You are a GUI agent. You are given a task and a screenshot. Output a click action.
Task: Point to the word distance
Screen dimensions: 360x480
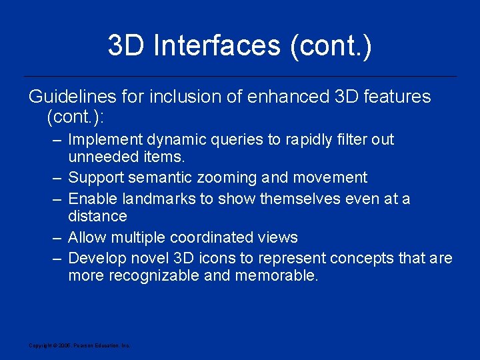[x=97, y=216]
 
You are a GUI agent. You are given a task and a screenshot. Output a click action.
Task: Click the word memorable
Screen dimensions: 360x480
[x=277, y=275]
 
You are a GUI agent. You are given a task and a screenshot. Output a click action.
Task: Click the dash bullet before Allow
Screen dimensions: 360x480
[x=57, y=237]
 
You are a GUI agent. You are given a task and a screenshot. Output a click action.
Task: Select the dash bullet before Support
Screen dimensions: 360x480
[x=57, y=178]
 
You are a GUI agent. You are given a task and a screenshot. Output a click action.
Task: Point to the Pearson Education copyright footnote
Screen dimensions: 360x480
[x=79, y=345]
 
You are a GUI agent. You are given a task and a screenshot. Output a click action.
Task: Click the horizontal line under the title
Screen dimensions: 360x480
[x=240, y=76]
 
